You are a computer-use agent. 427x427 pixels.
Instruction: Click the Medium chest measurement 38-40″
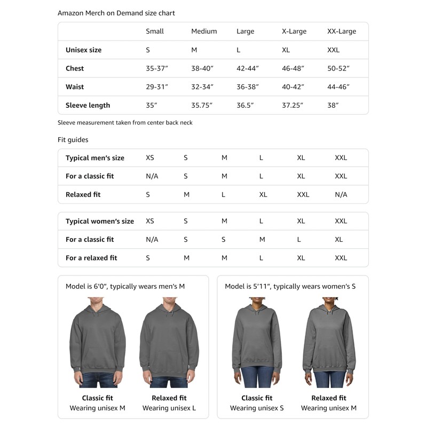[202, 68]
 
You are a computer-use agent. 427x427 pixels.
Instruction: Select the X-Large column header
[294, 31]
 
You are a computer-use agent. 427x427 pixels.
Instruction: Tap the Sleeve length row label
[88, 105]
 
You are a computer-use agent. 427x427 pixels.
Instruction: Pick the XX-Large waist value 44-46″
[339, 87]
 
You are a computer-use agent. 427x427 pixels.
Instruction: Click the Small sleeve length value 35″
[152, 105]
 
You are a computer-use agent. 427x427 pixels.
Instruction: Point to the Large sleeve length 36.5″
[246, 105]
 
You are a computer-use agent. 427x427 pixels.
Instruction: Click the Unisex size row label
[83, 50]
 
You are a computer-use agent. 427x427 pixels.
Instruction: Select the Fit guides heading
[73, 140]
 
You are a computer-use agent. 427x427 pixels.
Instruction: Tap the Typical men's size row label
[95, 158]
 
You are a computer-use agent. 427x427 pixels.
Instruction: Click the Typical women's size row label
[100, 221]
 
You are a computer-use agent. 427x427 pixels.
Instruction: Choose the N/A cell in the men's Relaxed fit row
[341, 194]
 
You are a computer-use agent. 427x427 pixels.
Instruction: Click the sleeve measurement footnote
[125, 123]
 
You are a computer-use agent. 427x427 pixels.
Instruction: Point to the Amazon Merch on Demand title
[116, 13]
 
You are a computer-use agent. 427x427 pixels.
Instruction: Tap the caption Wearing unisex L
[169, 408]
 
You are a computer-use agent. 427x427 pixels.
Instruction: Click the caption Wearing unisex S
[257, 408]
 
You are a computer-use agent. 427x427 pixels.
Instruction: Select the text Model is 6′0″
[86, 287]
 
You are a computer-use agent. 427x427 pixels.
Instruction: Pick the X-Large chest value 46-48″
[293, 68]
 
